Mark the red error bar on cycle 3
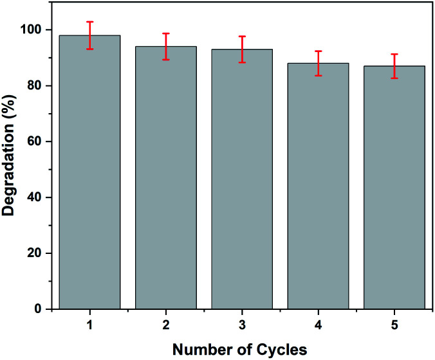click(242, 50)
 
